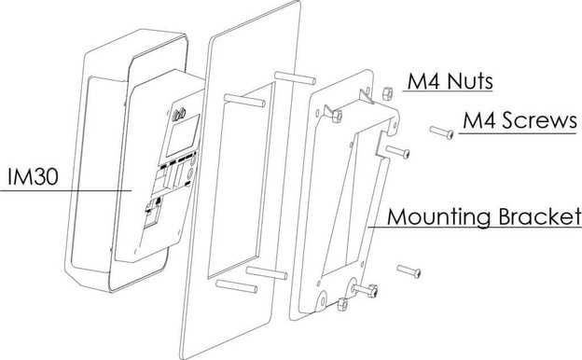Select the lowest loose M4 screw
(409, 270)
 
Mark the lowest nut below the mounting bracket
(343, 303)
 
